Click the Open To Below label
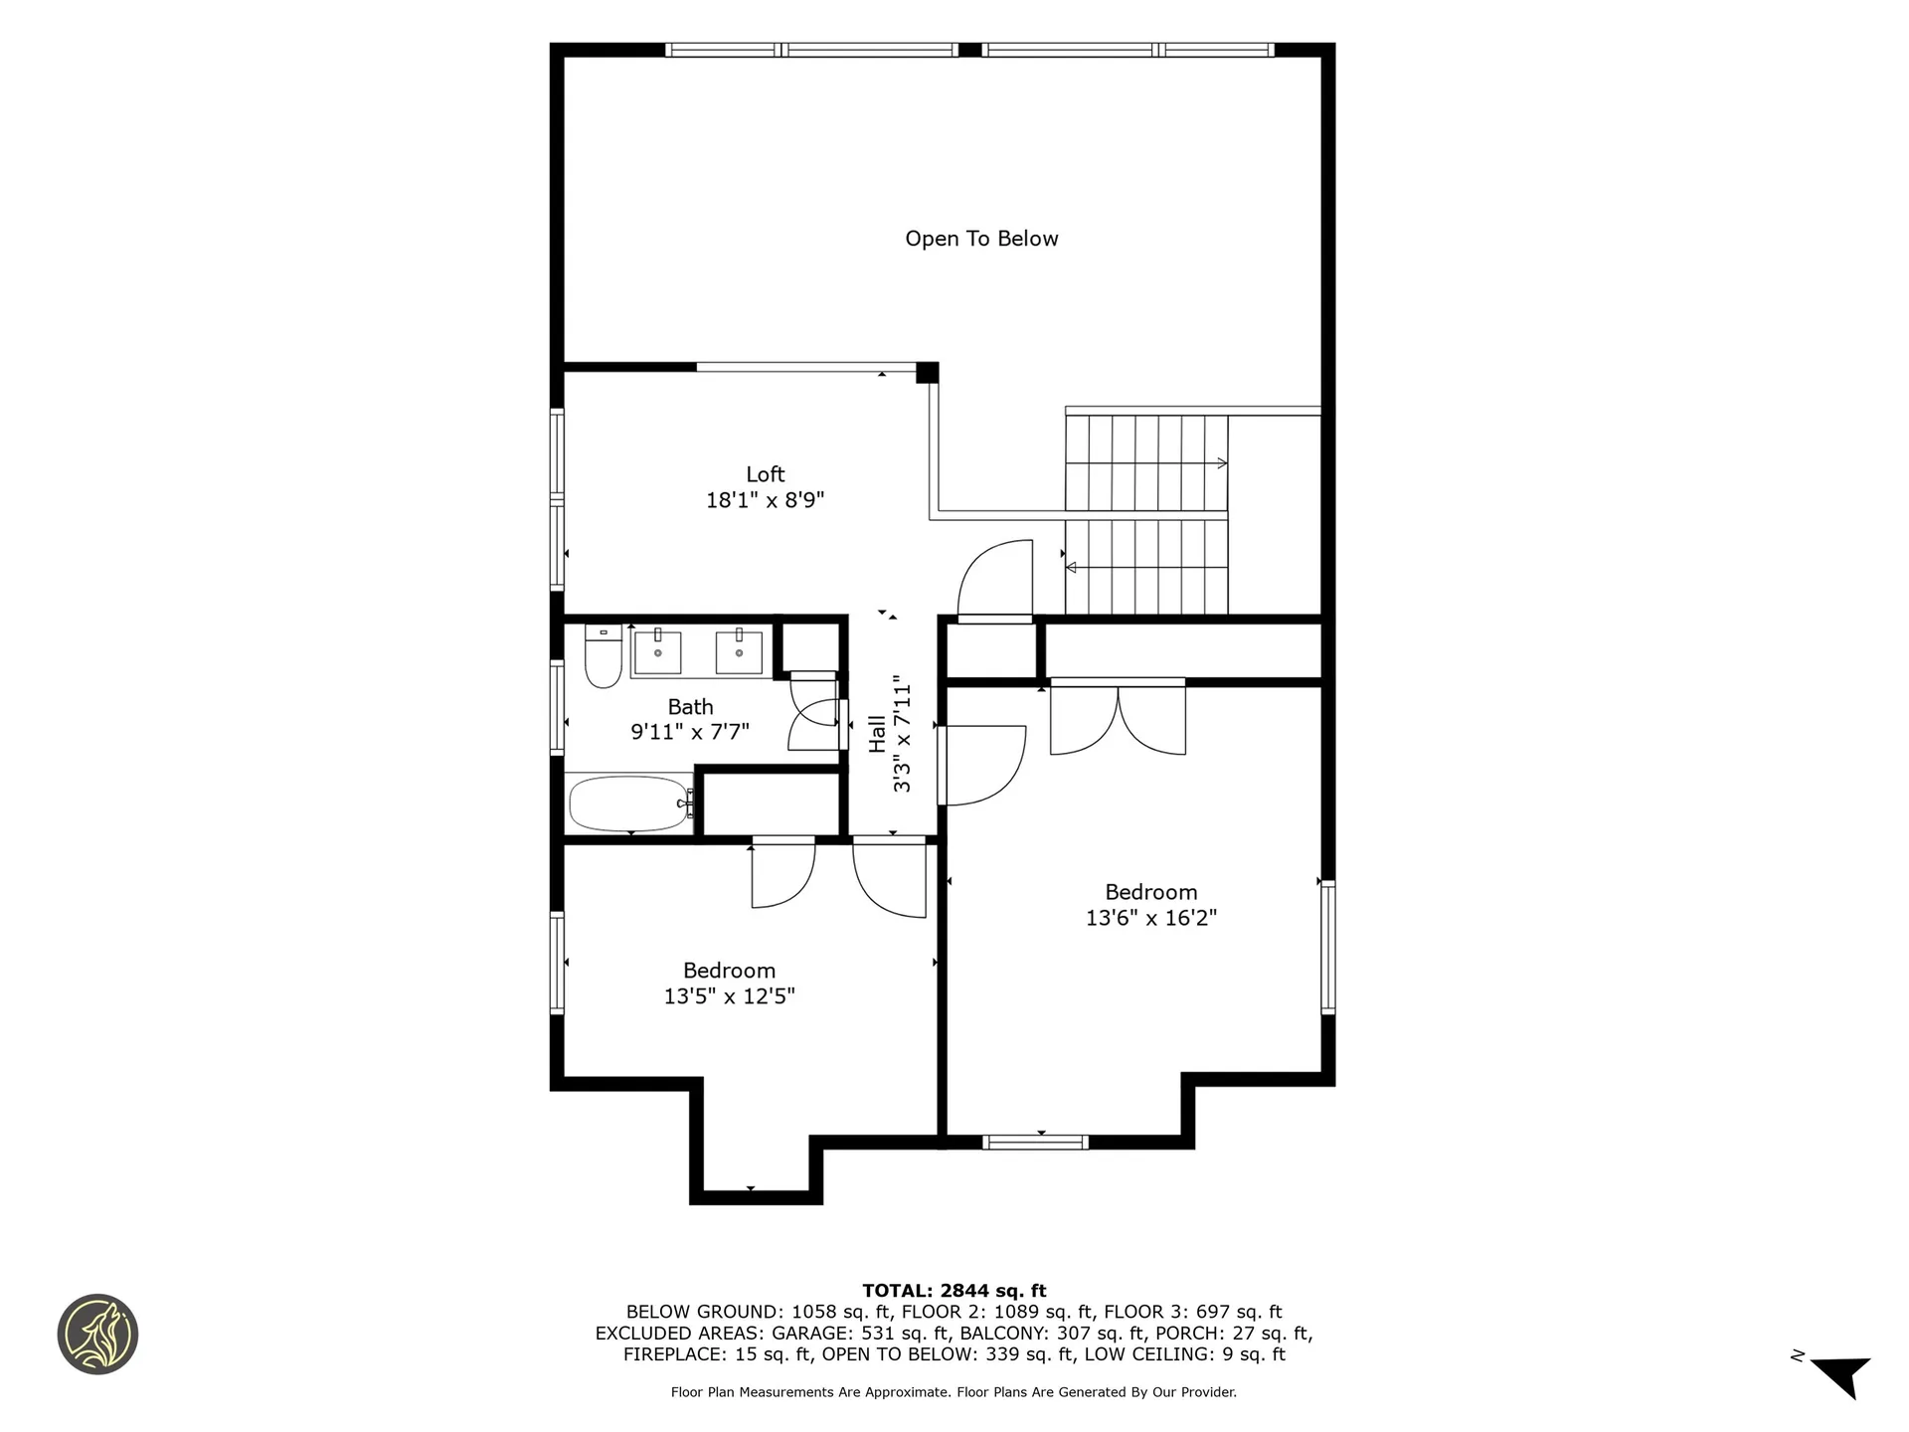click(981, 239)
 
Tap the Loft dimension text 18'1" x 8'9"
click(765, 499)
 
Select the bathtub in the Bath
click(629, 804)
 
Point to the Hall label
click(878, 734)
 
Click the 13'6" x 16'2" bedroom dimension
click(1150, 917)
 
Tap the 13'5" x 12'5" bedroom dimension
click(729, 995)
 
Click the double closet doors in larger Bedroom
click(1118, 718)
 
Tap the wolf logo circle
click(97, 1335)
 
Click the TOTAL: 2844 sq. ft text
click(954, 1291)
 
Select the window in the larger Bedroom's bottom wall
click(1035, 1142)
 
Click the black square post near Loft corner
click(927, 372)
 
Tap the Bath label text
click(690, 707)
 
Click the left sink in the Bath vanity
click(657, 652)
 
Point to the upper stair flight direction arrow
click(1221, 463)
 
